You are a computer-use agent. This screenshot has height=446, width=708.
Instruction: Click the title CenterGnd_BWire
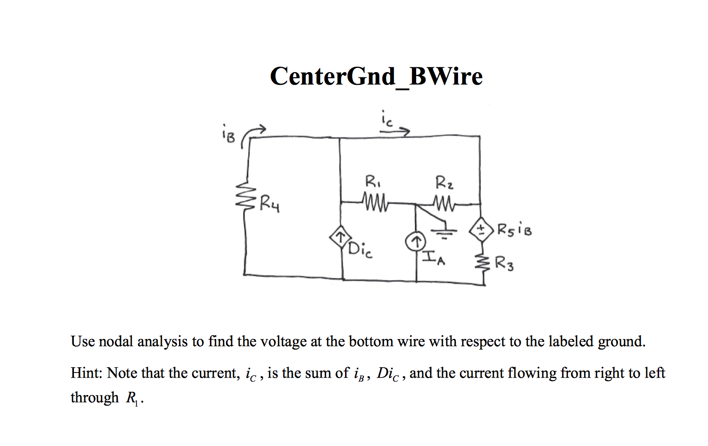click(376, 76)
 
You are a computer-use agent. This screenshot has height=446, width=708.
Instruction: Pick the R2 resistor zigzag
click(444, 203)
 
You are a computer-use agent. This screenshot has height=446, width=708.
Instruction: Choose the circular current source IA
click(416, 242)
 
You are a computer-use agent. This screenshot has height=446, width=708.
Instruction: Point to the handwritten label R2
click(444, 182)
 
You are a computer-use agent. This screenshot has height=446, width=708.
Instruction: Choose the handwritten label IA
click(433, 258)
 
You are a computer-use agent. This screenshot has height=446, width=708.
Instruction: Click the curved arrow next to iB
click(253, 133)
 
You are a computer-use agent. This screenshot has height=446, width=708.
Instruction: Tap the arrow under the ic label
click(394, 132)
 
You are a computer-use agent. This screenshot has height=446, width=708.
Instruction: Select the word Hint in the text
click(86, 373)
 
